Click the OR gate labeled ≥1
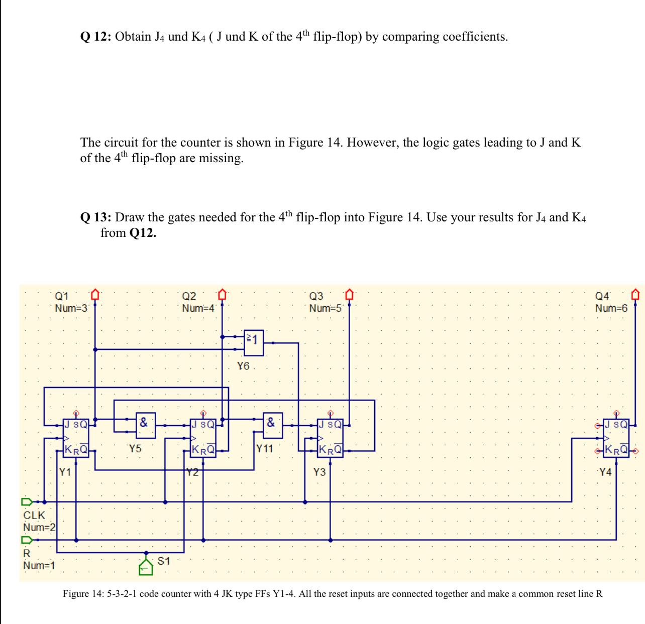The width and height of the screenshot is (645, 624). click(254, 343)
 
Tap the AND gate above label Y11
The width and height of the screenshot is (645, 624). click(272, 426)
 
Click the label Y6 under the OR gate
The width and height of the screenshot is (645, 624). click(243, 366)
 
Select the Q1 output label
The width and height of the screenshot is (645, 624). click(63, 296)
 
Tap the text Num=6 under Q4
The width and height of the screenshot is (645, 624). click(611, 308)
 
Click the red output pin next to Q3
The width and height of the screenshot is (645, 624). click(349, 293)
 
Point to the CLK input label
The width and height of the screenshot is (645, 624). click(34, 515)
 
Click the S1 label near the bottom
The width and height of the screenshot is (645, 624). click(164, 561)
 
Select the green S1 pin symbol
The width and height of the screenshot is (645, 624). click(146, 566)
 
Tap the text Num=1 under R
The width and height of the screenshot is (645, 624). click(39, 566)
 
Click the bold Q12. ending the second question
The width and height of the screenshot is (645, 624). click(142, 233)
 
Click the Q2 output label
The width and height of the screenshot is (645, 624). click(189, 296)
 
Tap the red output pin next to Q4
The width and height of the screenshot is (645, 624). click(636, 293)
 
